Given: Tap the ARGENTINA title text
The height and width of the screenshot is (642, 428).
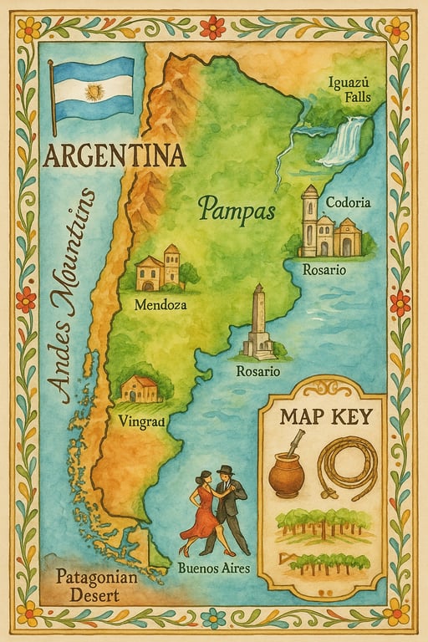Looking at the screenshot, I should pyautogui.click(x=114, y=155).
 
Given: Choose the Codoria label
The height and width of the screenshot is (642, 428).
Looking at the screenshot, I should pyautogui.click(x=349, y=202).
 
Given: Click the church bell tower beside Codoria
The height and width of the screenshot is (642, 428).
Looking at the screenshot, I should pyautogui.click(x=310, y=219).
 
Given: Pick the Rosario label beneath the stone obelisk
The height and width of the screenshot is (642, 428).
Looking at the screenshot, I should pyautogui.click(x=258, y=371).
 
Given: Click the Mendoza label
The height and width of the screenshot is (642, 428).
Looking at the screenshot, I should pyautogui.click(x=160, y=305).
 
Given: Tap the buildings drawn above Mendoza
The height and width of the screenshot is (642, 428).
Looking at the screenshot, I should pyautogui.click(x=160, y=269).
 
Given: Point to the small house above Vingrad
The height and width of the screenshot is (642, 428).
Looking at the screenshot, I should pyautogui.click(x=140, y=388).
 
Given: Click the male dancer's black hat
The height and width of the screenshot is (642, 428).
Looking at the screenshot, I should pyautogui.click(x=225, y=470).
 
